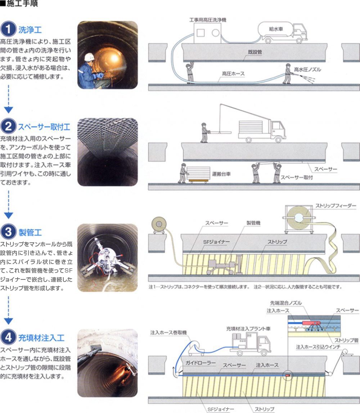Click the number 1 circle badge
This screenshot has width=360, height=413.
(x=8, y=29)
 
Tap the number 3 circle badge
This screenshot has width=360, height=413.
(x=8, y=232)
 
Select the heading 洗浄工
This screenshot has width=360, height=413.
(x=30, y=30)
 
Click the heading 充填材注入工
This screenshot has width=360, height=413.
(x=41, y=338)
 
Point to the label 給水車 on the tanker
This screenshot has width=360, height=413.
(x=276, y=29)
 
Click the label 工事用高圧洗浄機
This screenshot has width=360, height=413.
(x=208, y=20)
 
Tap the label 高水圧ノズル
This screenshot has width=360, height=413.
(x=307, y=69)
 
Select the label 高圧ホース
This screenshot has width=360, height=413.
(x=233, y=74)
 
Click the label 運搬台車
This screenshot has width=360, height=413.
(x=221, y=174)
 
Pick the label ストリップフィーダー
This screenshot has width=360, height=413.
(x=336, y=206)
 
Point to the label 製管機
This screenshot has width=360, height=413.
(x=253, y=223)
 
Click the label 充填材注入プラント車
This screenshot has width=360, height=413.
(x=248, y=329)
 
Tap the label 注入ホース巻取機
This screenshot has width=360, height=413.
(x=168, y=332)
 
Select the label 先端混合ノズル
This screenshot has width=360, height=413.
(x=286, y=303)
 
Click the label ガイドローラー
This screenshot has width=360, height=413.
(x=201, y=363)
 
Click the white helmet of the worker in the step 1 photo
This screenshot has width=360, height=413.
(x=89, y=57)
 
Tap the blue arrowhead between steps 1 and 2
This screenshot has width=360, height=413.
(x=8, y=110)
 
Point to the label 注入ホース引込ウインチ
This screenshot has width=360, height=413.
(x=318, y=347)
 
